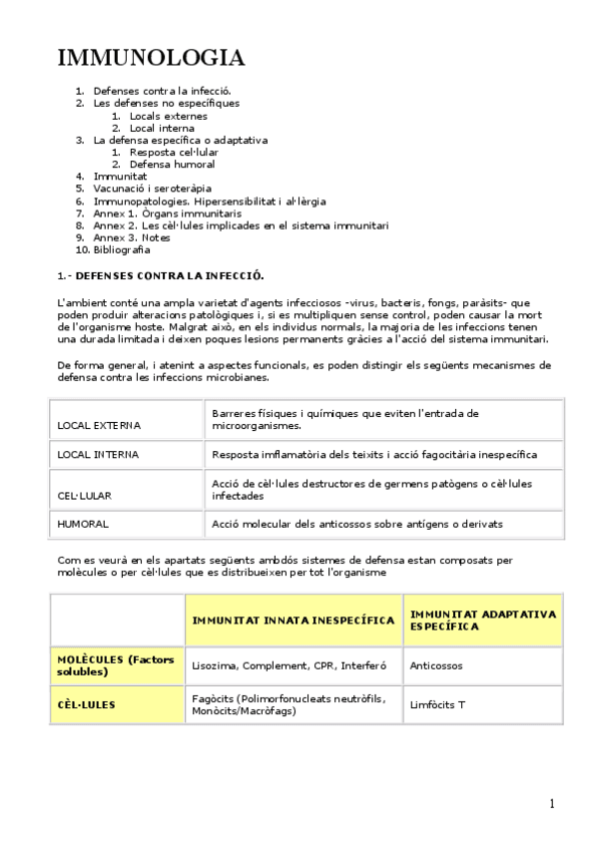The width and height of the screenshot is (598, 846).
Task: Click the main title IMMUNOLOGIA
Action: (x=151, y=58)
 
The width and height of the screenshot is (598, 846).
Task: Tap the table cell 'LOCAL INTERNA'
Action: (x=98, y=455)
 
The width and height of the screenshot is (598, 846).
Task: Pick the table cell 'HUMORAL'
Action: (x=83, y=523)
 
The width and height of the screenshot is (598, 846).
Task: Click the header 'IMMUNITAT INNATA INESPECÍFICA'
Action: (x=293, y=620)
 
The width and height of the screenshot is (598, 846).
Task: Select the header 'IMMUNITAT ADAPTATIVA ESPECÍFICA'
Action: (x=483, y=620)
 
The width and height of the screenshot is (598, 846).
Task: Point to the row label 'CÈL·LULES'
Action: (x=86, y=704)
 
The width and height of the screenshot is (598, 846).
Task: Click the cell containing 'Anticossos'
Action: (x=436, y=664)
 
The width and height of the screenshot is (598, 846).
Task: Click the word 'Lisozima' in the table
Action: (x=214, y=664)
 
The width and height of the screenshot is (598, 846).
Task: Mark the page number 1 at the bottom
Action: (x=551, y=803)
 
